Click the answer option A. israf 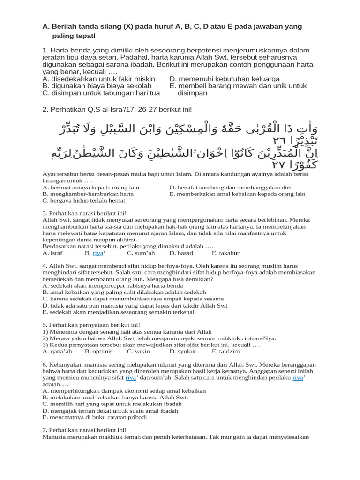click(52, 253)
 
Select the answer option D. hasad click(181, 253)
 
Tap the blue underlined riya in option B click(98, 253)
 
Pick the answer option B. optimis click(98, 351)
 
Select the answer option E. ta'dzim click(226, 351)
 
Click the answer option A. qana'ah click(57, 351)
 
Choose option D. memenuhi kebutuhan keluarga click(225, 79)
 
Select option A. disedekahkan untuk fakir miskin click(99, 79)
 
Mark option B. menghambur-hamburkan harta click(88, 194)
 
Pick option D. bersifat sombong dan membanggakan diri click(230, 187)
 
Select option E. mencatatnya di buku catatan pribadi click(94, 417)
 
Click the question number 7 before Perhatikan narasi click(44, 430)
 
